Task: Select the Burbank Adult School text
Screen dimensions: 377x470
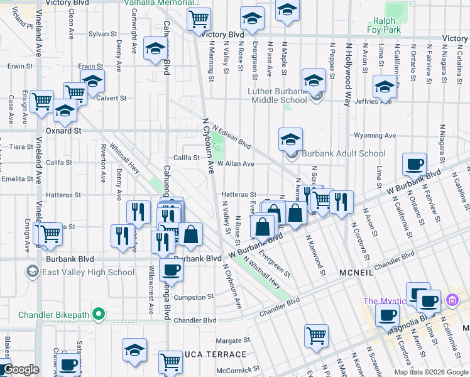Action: click(344, 153)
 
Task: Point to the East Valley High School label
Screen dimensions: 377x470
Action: click(87, 272)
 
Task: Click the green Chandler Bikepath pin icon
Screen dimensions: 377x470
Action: click(97, 314)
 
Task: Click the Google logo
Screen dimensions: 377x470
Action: click(20, 370)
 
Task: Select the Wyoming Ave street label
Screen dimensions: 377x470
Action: click(375, 135)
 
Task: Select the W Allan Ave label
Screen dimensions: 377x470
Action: click(236, 163)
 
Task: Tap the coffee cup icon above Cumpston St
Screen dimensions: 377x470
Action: click(172, 271)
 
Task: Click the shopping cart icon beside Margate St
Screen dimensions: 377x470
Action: click(316, 335)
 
